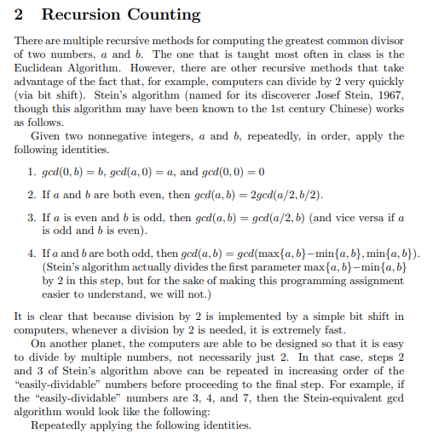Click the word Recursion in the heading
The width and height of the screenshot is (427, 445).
pyautogui.click(x=78, y=15)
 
